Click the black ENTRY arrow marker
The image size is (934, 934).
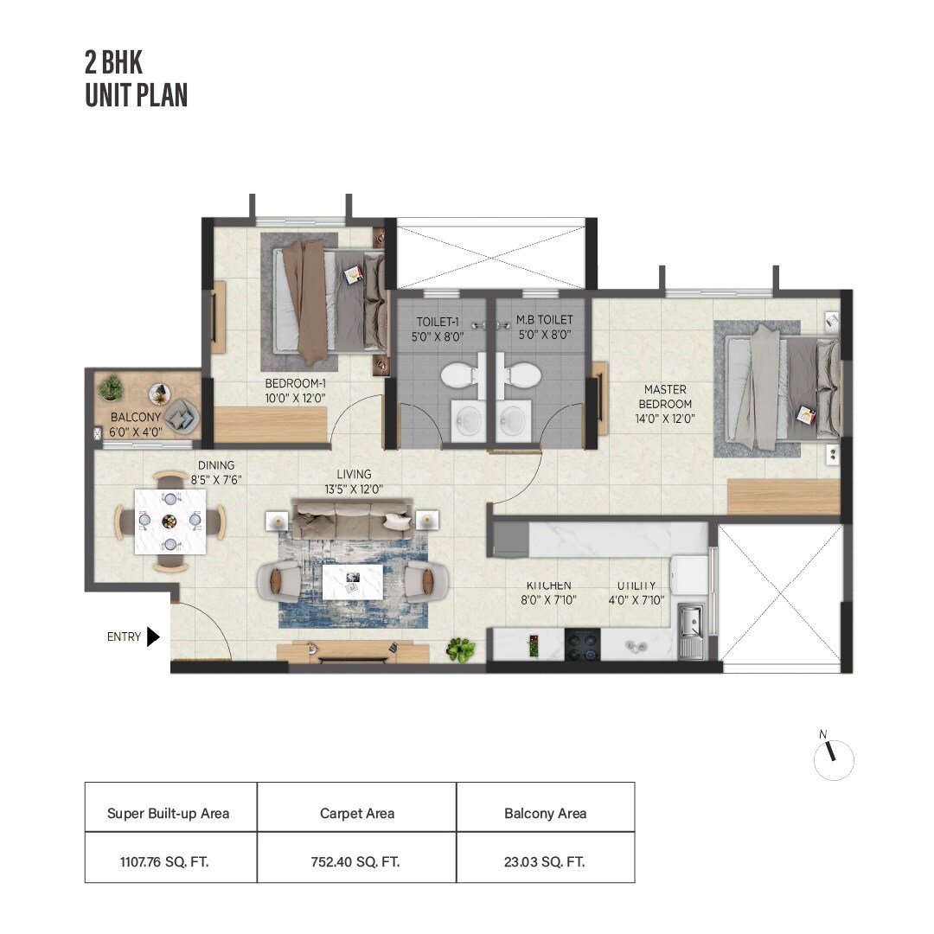coord(153,637)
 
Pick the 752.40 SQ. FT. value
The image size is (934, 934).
coord(355,861)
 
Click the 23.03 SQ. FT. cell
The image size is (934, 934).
coord(545,861)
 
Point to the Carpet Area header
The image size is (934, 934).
coord(355,813)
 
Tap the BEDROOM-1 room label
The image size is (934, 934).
coord(295,391)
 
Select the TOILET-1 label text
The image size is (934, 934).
coord(437,327)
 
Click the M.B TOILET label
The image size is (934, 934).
coord(544,327)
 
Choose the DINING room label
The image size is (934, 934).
coord(216,472)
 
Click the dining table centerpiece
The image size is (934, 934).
coord(170,521)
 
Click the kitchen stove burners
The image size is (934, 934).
coord(582,644)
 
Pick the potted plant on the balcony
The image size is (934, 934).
coord(111,388)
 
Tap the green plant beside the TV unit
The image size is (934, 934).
coord(460,649)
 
